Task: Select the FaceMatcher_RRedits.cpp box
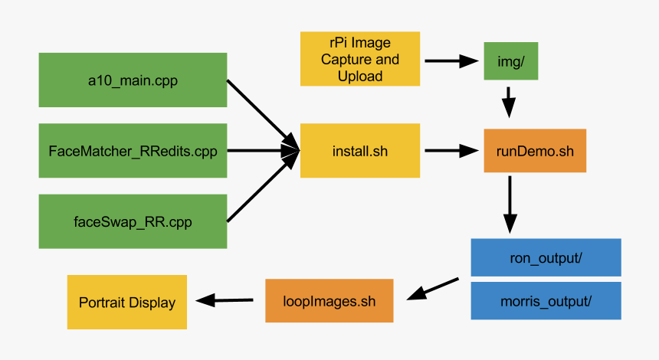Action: click(133, 151)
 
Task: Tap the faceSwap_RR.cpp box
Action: click(133, 222)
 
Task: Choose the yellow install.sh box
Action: click(360, 151)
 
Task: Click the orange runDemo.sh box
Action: click(534, 151)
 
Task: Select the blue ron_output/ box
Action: click(546, 257)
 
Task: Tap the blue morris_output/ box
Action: click(546, 301)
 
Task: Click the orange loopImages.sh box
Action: click(329, 301)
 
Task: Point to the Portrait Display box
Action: click(127, 302)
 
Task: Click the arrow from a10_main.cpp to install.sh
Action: click(261, 112)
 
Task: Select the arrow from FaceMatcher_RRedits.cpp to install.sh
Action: click(261, 151)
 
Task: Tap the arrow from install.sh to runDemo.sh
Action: click(451, 151)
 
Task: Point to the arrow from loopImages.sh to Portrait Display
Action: click(226, 300)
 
